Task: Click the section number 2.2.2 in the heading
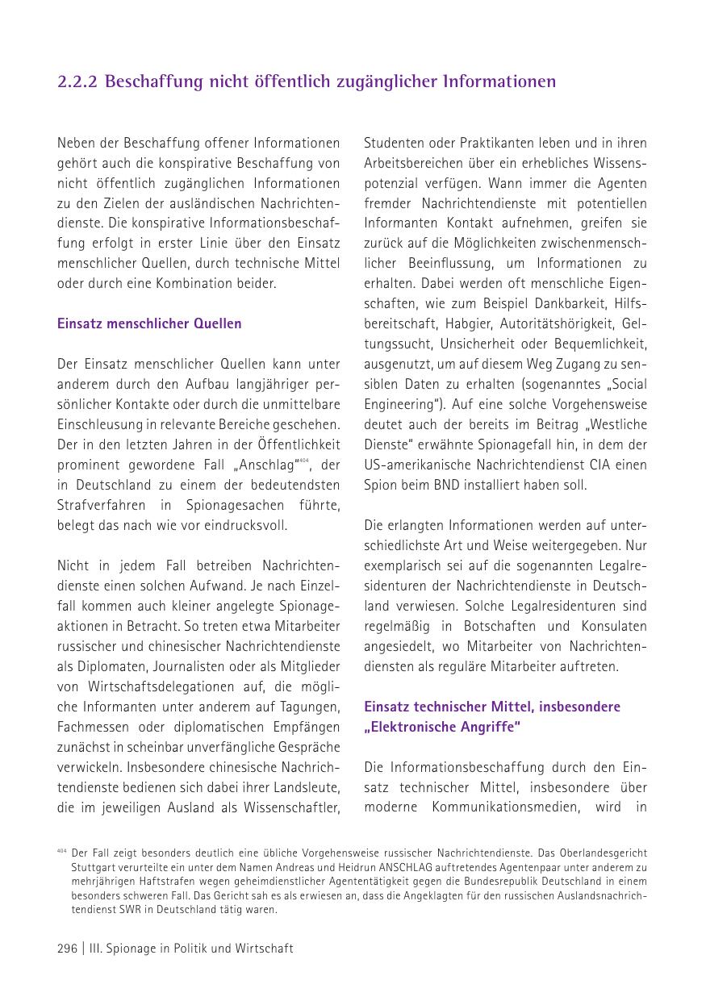[77, 82]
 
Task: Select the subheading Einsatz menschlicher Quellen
[149, 323]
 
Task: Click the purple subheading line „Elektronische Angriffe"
[442, 727]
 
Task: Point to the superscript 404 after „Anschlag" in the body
[304, 461]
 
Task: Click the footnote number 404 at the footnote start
[61, 851]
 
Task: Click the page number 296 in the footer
[67, 949]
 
